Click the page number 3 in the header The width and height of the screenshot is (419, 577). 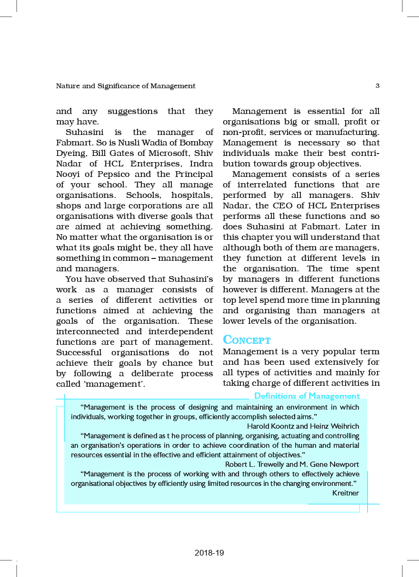point(377,86)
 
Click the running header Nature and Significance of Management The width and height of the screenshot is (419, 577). point(126,86)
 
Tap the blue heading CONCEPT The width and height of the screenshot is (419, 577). point(247,340)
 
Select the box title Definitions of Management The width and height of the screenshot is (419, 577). point(307,396)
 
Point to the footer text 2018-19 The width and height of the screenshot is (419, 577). point(209,553)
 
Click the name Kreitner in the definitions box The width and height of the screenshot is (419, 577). point(346,493)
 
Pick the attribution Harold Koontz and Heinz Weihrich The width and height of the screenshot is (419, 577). point(303,426)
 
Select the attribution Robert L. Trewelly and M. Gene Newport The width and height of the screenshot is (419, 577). point(292,464)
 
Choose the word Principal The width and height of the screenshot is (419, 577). point(192,174)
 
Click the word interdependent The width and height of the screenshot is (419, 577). point(176,331)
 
